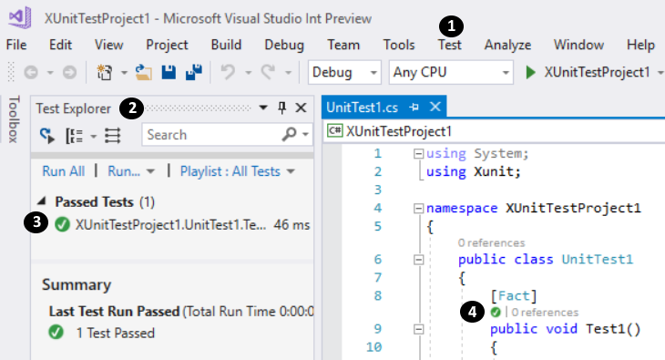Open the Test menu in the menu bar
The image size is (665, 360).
point(450,45)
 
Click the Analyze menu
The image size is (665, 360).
point(507,45)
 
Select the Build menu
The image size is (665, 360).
point(226,45)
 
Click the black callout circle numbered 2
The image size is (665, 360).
point(133,108)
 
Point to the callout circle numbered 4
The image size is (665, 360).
point(471,312)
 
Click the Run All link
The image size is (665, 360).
point(64,170)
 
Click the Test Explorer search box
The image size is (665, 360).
point(219,135)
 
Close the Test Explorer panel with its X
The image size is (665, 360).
point(301,108)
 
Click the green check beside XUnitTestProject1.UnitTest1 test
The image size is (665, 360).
point(62,223)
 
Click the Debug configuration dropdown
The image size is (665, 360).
point(345,72)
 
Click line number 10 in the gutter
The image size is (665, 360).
point(373,346)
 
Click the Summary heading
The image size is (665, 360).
point(77,285)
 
